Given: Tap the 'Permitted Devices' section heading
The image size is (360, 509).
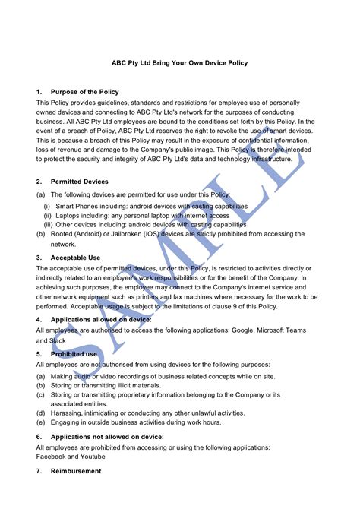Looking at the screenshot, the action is (79, 182).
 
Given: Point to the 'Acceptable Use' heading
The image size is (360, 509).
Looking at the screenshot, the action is (75, 258).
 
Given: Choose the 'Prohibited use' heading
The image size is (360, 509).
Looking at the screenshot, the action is (74, 354).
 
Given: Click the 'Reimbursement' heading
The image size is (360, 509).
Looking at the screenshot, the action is (75, 472).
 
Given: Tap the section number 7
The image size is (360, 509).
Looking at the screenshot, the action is (39, 472).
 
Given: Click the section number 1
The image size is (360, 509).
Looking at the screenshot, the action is (39, 92).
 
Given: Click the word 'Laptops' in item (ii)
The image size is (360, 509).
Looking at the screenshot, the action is (69, 215).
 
